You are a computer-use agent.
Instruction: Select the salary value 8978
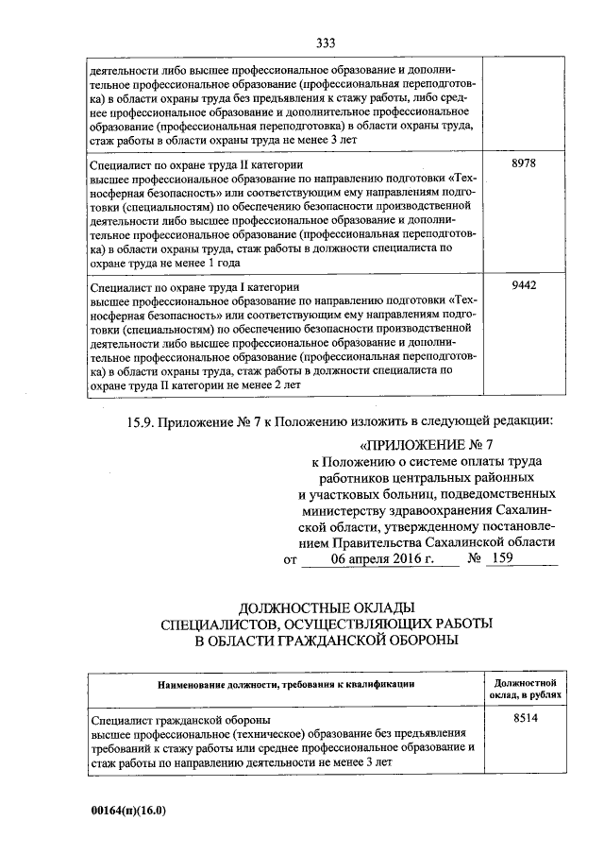(524, 163)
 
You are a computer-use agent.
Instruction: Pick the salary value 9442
(524, 285)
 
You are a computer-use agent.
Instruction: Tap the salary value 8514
(524, 719)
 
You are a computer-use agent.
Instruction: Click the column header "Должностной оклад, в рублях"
(525, 687)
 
